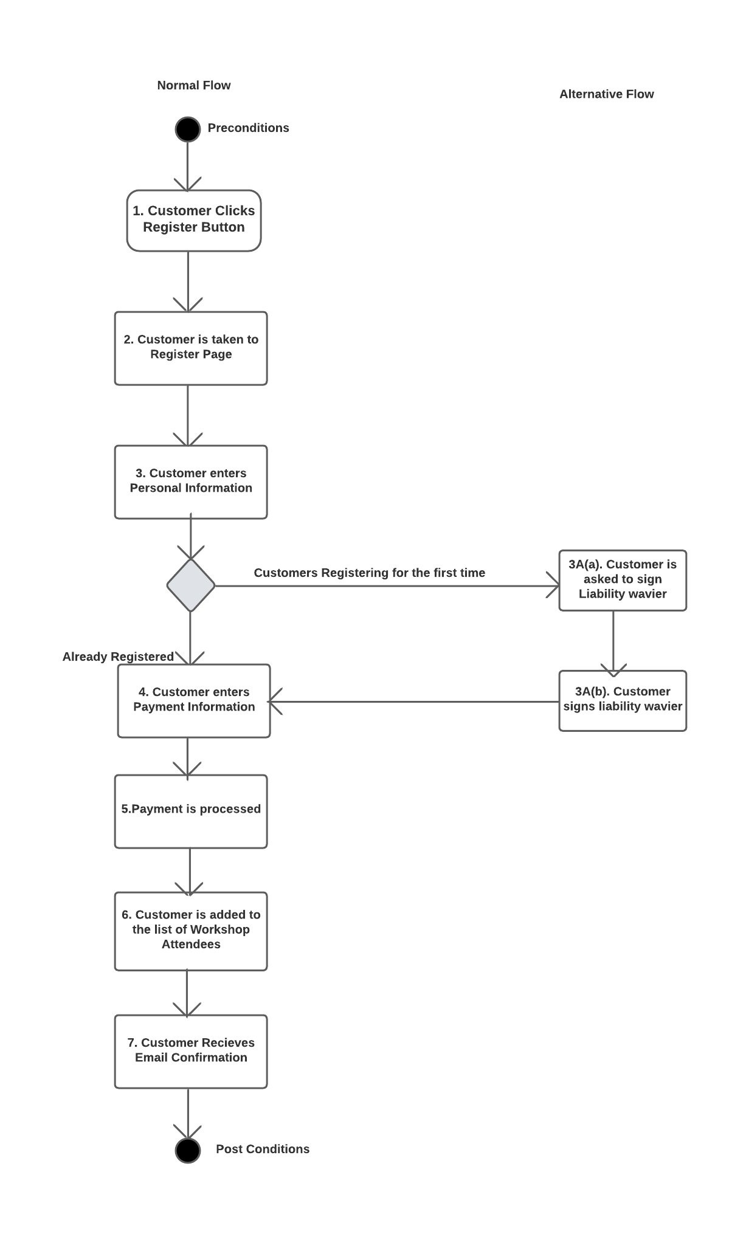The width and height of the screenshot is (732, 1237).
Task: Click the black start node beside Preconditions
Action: click(x=187, y=129)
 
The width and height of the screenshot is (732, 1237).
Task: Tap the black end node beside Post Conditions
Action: click(x=187, y=1150)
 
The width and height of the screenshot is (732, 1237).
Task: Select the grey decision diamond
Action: click(x=191, y=585)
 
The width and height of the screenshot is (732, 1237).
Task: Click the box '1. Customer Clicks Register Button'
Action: click(x=194, y=220)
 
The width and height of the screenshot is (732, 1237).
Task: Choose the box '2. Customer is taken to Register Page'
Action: click(x=191, y=348)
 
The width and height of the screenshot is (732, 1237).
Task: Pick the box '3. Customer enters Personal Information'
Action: click(x=191, y=482)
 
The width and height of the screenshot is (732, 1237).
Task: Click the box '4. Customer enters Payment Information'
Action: click(x=194, y=701)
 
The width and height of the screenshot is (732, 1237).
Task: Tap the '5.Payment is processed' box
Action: click(x=191, y=811)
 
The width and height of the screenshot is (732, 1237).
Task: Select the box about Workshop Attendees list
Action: click(x=191, y=931)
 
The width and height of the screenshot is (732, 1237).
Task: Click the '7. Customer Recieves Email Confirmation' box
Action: click(x=191, y=1051)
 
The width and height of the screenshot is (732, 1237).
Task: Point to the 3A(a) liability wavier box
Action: click(x=623, y=580)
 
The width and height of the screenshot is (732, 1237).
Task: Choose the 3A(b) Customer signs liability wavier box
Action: click(x=623, y=700)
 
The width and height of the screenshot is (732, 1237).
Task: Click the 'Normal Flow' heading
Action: click(x=194, y=86)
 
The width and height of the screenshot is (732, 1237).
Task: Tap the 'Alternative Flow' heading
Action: click(x=606, y=94)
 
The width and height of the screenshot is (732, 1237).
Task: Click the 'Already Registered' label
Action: click(x=118, y=656)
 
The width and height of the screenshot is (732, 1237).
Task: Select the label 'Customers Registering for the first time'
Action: click(x=369, y=573)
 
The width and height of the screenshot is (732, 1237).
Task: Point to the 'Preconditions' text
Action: click(x=248, y=128)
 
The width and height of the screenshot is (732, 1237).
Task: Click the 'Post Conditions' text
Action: click(x=263, y=1149)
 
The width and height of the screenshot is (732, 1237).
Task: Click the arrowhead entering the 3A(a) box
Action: click(x=554, y=587)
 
